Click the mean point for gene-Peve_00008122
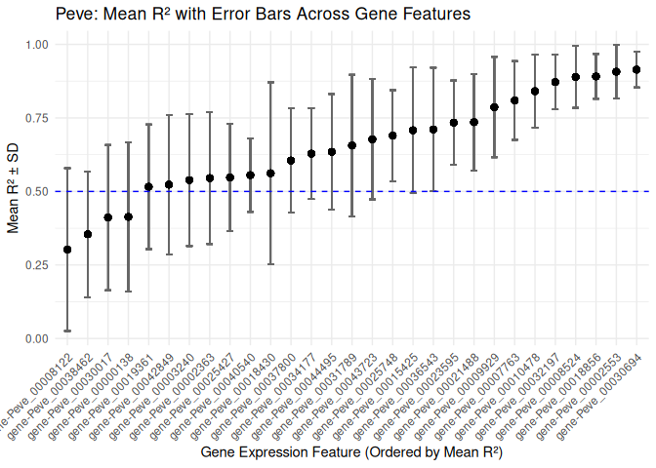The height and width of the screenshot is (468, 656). point(67,250)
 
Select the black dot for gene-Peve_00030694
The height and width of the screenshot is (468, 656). point(636,69)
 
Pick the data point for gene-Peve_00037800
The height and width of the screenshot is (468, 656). point(291,161)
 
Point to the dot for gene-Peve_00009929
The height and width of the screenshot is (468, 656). point(494,107)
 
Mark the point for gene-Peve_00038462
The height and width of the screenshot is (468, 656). point(88,234)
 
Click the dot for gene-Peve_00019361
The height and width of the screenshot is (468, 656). point(148,186)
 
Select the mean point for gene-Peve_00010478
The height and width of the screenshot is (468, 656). point(535,92)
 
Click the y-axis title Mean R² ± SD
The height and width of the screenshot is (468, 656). point(14,191)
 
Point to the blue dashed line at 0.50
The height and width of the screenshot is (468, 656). point(390,191)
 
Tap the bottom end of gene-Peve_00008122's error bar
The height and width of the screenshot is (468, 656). point(67,331)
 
